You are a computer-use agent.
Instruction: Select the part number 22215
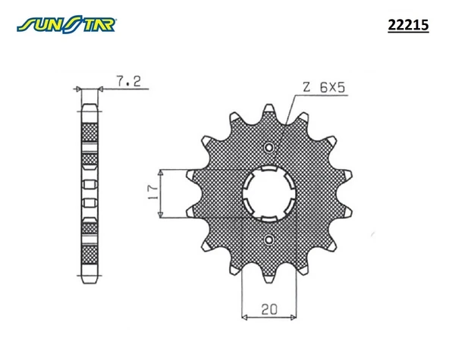[x=408, y=26]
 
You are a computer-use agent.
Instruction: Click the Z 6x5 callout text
[x=325, y=89]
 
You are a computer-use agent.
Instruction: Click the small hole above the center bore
[x=268, y=147]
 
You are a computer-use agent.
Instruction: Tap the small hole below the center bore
[x=268, y=241]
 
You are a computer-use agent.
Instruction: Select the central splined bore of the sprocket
[x=268, y=194]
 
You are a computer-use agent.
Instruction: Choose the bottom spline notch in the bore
[x=268, y=217]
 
